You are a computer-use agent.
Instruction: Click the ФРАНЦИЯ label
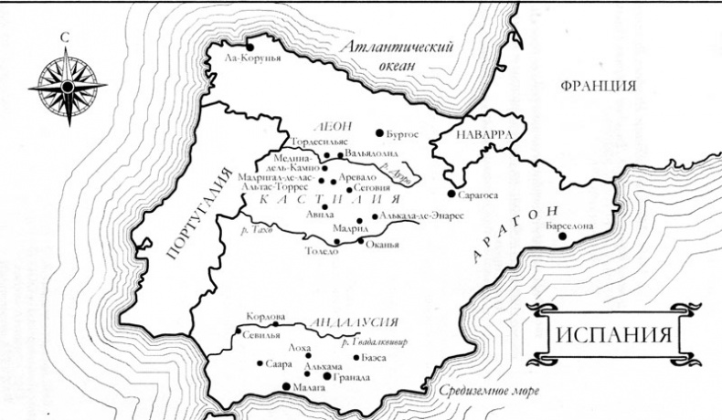(x=598, y=87)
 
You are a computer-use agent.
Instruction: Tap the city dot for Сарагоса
(x=451, y=194)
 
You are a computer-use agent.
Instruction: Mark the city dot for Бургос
(x=379, y=133)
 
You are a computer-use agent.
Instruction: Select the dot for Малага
(x=286, y=387)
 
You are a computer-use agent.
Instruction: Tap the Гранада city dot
(x=327, y=375)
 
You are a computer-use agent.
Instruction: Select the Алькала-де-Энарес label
(x=419, y=216)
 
